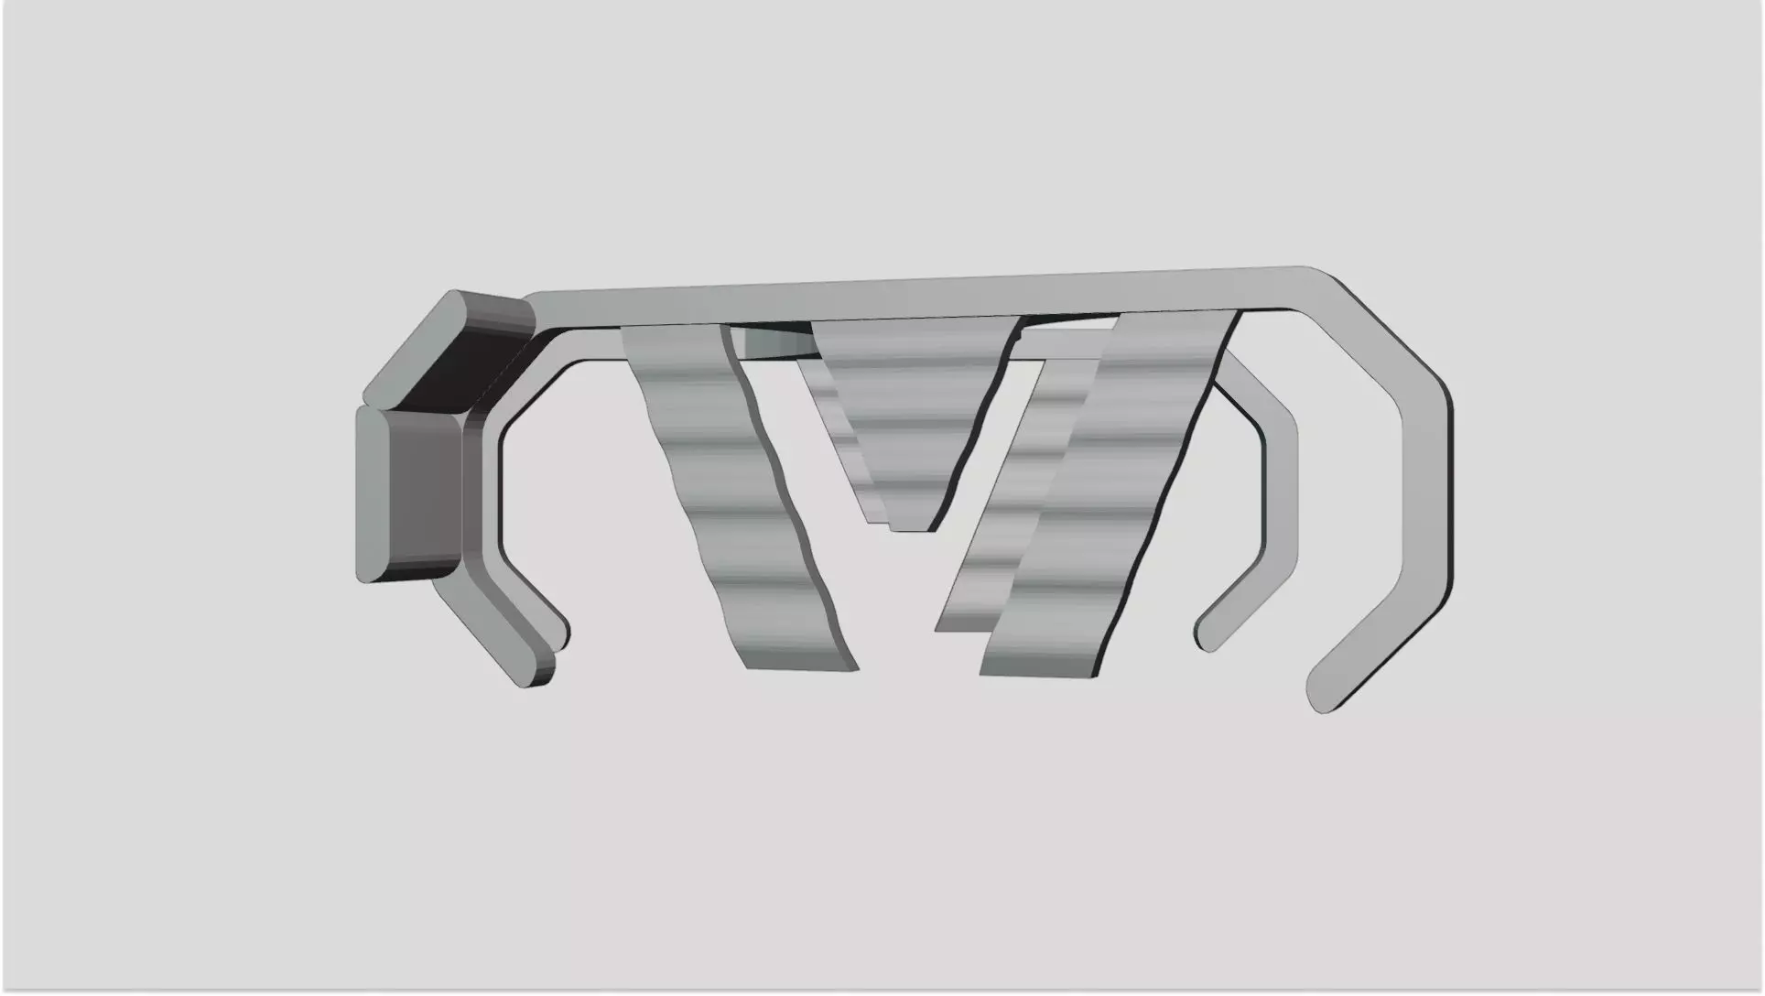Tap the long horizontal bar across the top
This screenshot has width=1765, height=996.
tap(915, 291)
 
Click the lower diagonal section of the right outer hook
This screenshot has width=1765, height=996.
tap(1364, 641)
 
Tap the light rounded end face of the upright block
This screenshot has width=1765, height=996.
tap(373, 494)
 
